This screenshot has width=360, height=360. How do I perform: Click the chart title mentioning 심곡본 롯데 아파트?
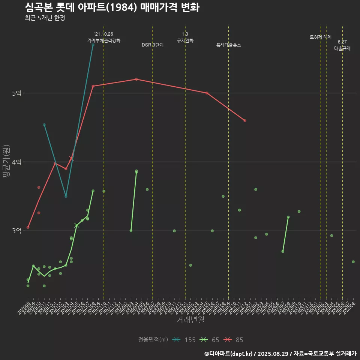[112, 7]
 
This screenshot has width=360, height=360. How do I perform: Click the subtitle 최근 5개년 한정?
[45, 18]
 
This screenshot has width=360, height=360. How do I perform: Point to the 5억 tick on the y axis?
[16, 93]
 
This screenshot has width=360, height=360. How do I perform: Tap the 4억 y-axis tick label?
[16, 162]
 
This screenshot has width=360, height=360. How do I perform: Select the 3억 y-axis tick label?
[16, 231]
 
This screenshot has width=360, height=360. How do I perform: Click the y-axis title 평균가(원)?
[6, 162]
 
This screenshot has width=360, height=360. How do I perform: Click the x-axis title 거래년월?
[190, 320]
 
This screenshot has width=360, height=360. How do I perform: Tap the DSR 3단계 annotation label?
[153, 45]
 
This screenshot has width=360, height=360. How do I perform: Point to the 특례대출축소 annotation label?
[229, 45]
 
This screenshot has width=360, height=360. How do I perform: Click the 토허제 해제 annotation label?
[321, 37]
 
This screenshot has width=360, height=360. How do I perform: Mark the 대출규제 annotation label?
[342, 48]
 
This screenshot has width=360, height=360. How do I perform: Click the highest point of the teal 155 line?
[93, 45]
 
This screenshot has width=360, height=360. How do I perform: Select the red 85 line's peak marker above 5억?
[136, 79]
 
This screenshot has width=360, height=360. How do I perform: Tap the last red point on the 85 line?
[245, 120]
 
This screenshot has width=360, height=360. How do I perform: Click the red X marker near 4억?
[71, 159]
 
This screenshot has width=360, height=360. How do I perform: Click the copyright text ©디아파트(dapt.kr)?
[229, 353]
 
